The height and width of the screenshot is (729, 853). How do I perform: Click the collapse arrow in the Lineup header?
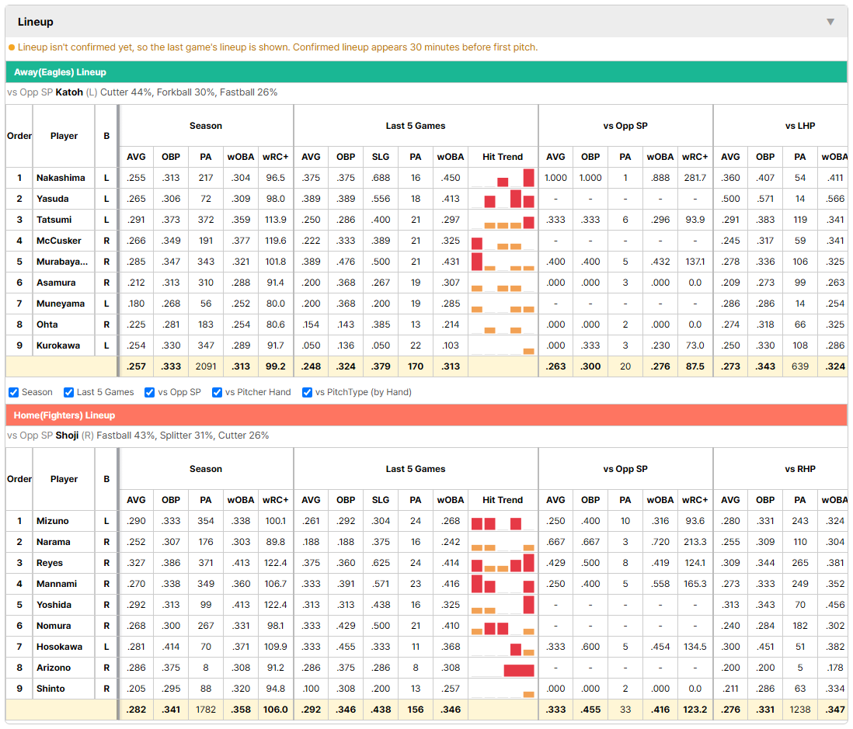point(830,22)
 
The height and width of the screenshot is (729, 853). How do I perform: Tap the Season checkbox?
point(14,393)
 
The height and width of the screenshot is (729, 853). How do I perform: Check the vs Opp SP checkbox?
point(150,393)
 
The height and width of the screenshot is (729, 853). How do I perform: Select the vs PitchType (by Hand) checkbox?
point(308,393)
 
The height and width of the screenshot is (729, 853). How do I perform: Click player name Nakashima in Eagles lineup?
point(61,178)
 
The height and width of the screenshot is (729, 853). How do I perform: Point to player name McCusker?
point(59,241)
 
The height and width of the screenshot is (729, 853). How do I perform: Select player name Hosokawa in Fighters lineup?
point(59,647)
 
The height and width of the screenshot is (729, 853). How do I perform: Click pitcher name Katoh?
point(69,92)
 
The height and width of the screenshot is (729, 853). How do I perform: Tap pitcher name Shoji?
point(67,436)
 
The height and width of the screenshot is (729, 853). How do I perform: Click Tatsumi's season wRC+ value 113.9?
point(275,220)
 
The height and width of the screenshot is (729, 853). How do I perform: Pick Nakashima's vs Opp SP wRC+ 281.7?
point(695,178)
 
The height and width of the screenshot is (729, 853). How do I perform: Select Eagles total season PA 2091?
point(206,366)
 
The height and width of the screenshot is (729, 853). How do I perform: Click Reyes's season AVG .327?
point(136,563)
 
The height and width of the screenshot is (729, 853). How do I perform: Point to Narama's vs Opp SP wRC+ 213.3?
point(695,542)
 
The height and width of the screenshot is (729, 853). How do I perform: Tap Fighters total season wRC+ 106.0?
point(275,710)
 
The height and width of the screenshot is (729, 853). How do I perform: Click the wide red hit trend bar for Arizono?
point(518,670)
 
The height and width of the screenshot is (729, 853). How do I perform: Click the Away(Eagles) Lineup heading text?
point(60,72)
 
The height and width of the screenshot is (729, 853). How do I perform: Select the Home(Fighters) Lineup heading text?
point(64,415)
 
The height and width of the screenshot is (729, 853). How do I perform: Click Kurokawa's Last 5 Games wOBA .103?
point(451,345)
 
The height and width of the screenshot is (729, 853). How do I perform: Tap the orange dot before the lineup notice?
point(12,48)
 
